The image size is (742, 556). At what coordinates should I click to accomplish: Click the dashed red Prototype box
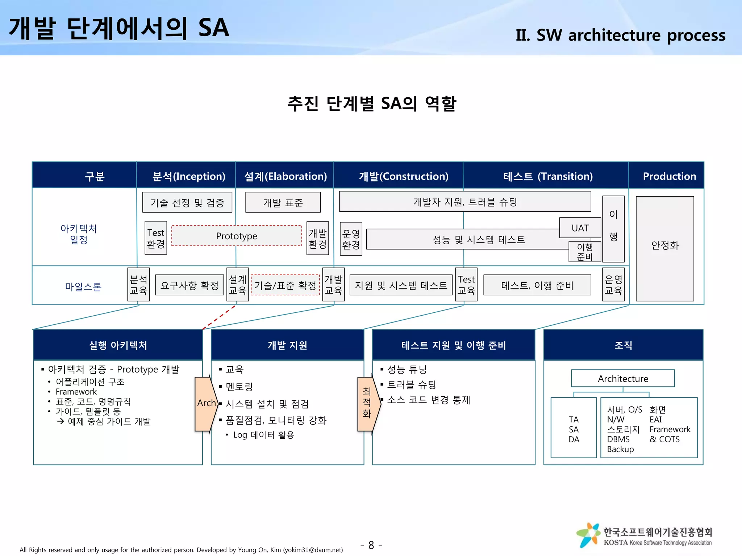coord(236,236)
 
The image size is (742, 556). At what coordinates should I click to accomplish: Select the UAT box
coord(580,228)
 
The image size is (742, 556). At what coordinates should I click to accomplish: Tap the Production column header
coord(669,176)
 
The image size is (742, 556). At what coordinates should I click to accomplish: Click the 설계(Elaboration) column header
coord(285,176)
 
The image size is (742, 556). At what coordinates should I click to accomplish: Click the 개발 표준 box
coord(283,202)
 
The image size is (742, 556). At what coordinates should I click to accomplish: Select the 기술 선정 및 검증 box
coord(187,202)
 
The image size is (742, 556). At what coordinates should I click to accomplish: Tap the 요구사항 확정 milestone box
coord(189,285)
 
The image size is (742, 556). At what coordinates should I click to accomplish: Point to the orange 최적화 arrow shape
coord(367,404)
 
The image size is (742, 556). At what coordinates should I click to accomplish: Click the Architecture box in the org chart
coord(623,379)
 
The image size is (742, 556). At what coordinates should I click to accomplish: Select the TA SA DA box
coord(574,429)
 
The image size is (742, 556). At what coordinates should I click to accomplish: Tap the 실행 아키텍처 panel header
coord(118,345)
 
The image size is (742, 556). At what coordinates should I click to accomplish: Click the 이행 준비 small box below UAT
coord(584,252)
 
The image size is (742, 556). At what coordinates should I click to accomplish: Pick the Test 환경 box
coord(156,238)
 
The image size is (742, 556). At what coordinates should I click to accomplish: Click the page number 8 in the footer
coord(371,545)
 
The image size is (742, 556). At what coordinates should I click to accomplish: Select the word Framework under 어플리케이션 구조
coord(76,392)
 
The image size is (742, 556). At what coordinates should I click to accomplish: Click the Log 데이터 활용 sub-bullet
coord(263,435)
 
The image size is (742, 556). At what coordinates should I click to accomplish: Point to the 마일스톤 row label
coord(83,287)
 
